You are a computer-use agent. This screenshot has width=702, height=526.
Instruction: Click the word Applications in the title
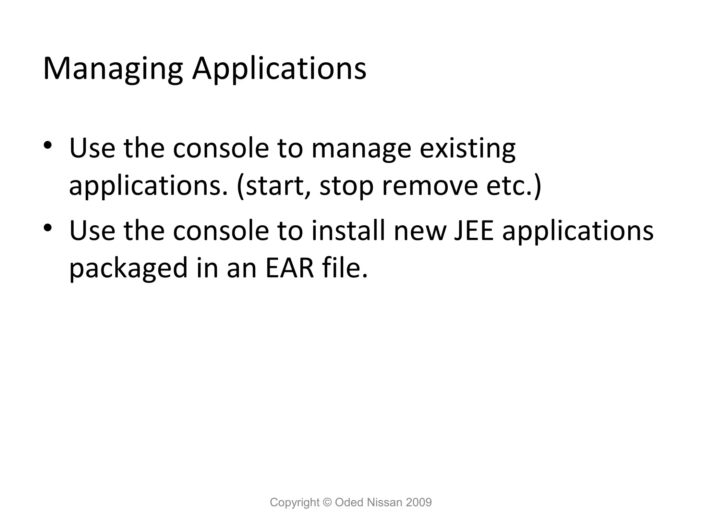tap(279, 70)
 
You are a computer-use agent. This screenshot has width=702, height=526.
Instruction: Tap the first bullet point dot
tap(47, 145)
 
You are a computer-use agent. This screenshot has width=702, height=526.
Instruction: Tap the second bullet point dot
tap(47, 227)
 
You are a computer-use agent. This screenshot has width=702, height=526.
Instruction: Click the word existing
tap(468, 149)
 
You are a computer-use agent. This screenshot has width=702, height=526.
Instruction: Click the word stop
tap(346, 187)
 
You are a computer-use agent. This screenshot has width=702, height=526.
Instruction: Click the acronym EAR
tap(290, 268)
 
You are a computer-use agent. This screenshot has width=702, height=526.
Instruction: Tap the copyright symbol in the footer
tap(327, 502)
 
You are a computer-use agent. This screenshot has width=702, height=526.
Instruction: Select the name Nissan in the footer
tap(384, 502)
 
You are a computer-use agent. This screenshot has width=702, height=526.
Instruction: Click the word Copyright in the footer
tap(294, 502)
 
